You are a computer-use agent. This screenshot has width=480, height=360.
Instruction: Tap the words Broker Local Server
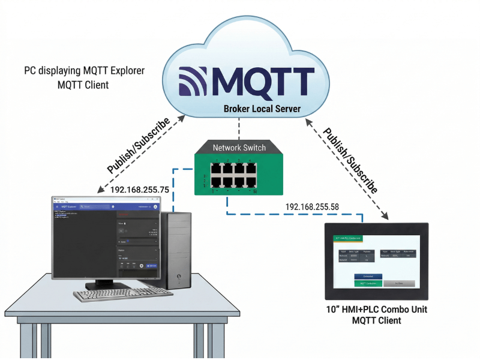pyautogui.click(x=262, y=109)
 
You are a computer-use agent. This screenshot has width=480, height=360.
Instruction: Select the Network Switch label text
pyautogui.click(x=239, y=147)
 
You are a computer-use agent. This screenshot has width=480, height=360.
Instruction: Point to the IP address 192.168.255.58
pyautogui.click(x=311, y=207)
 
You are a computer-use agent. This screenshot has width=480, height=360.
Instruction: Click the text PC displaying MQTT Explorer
pyautogui.click(x=84, y=71)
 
